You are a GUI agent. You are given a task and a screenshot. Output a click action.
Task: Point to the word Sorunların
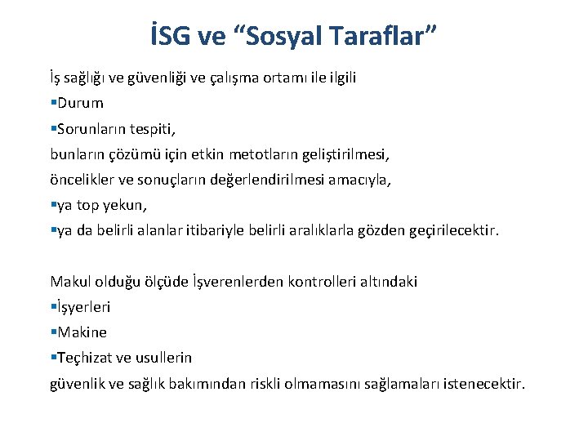[x=88, y=129]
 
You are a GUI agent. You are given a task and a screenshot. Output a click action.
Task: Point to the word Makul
[x=69, y=282]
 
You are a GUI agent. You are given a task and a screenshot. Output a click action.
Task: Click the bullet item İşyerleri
[x=83, y=307]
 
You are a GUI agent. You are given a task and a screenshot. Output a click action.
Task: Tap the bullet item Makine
[x=81, y=332]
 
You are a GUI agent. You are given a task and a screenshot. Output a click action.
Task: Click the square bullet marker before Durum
[x=52, y=104]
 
